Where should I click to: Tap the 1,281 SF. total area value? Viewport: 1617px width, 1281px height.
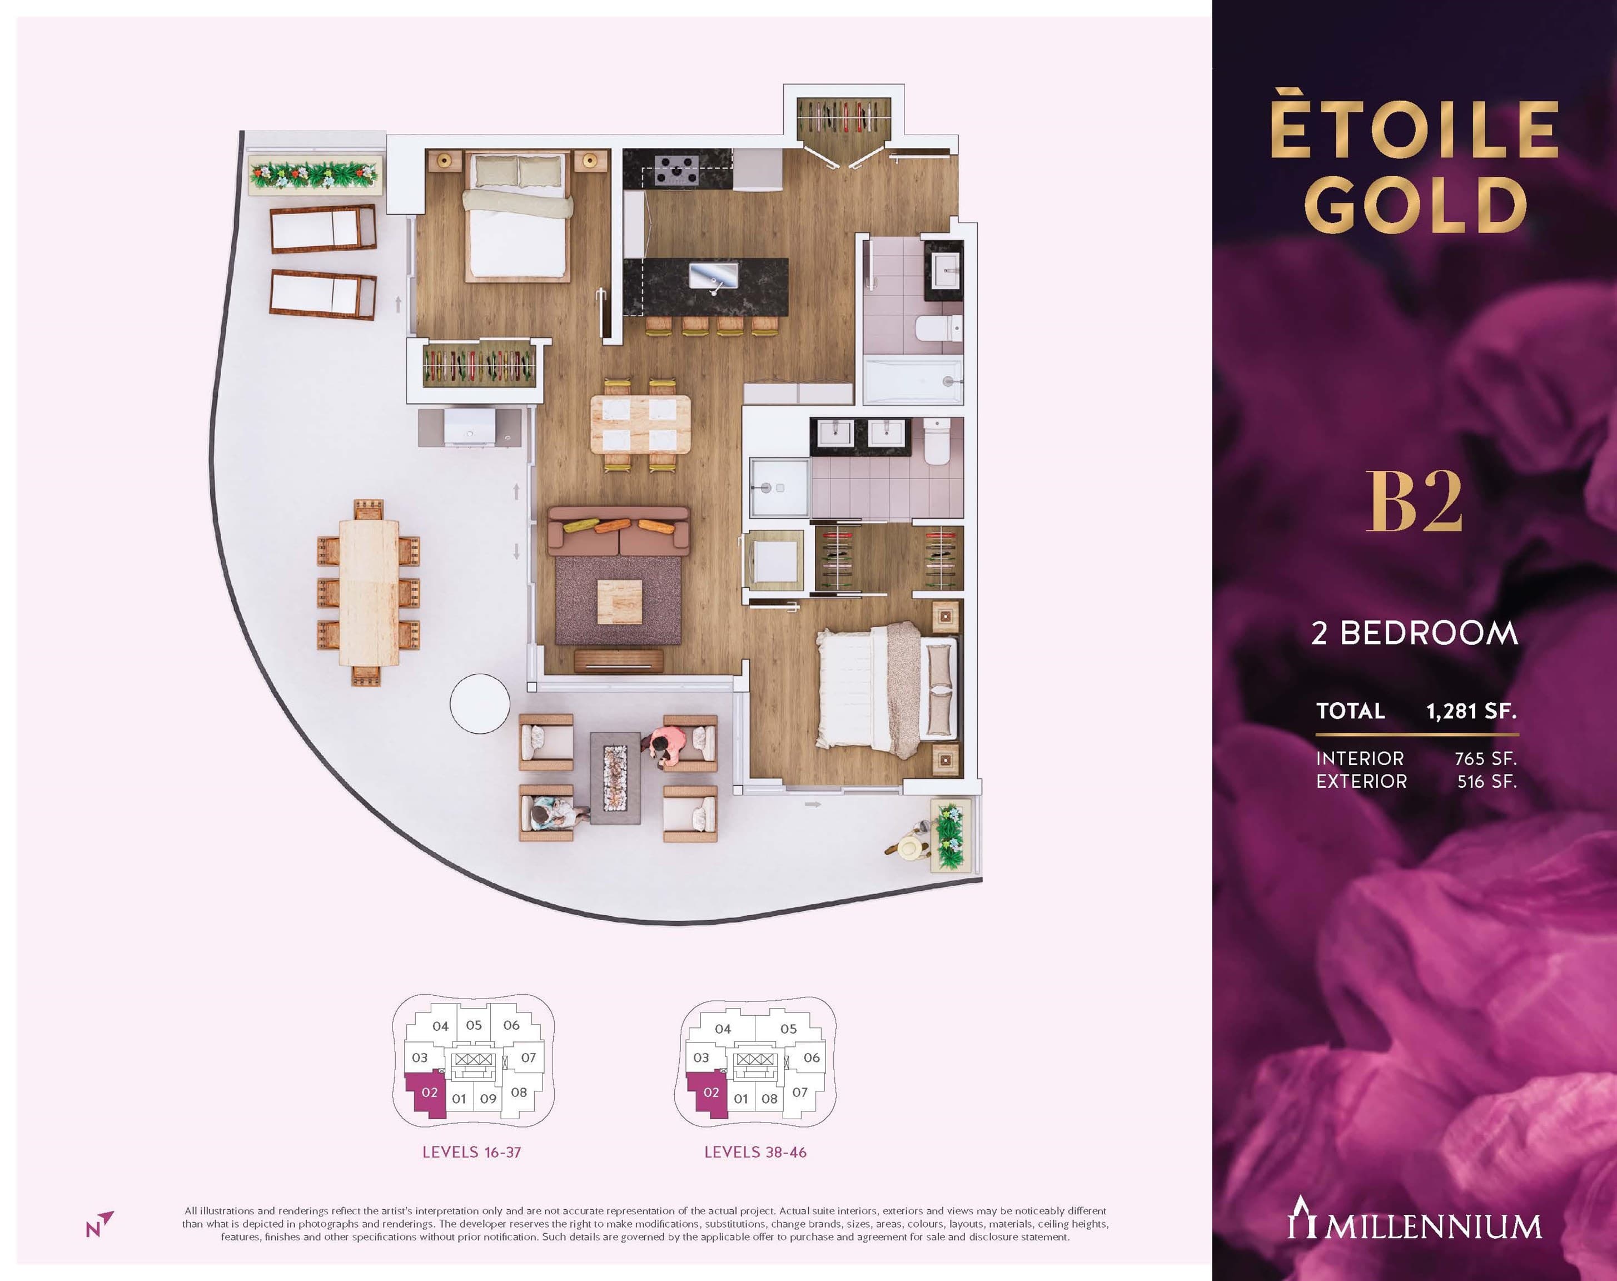[x=1471, y=711]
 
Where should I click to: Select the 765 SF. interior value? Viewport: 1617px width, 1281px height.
[x=1486, y=758]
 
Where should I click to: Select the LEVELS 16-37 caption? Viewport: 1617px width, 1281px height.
[x=471, y=1152]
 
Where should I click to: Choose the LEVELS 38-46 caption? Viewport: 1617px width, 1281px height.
[x=755, y=1152]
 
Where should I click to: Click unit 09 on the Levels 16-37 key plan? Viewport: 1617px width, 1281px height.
[x=488, y=1099]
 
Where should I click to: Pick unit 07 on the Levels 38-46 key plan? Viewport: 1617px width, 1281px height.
[x=800, y=1092]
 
